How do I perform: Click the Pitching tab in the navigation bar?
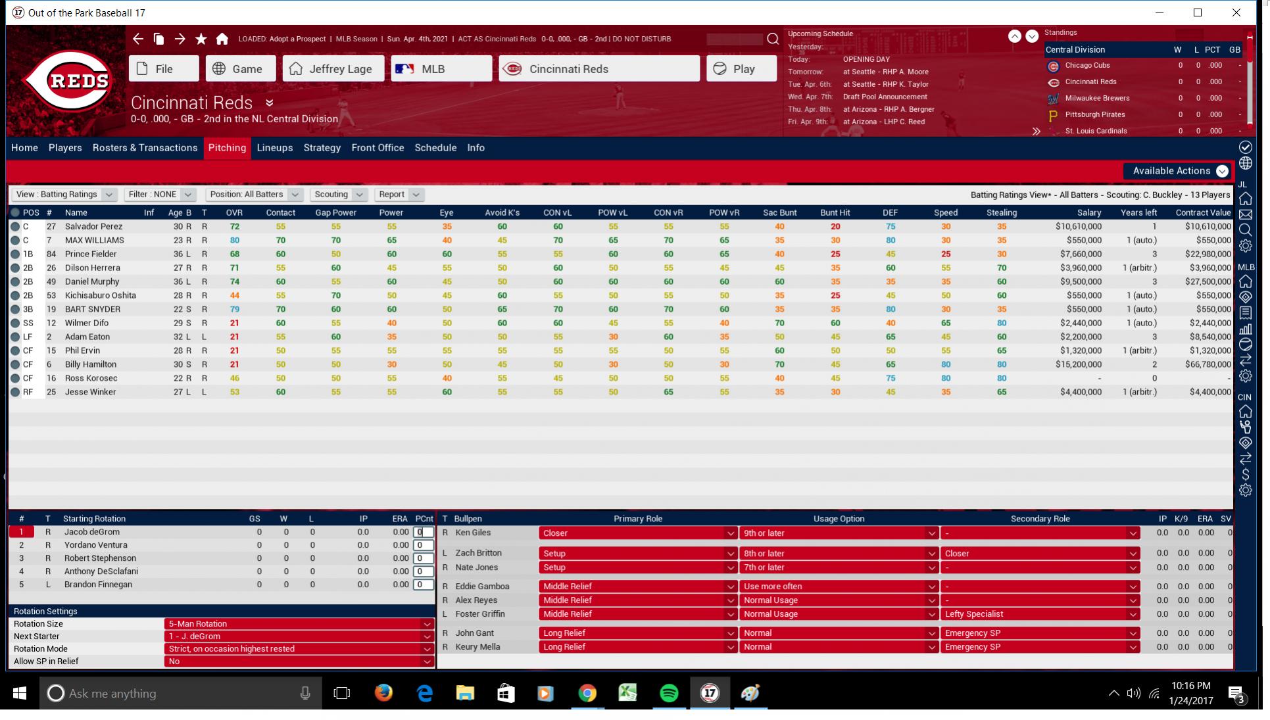click(227, 148)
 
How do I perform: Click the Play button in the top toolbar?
click(741, 69)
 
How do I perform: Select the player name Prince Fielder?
click(91, 254)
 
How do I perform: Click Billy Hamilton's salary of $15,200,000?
click(1078, 364)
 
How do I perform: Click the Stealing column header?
click(1001, 212)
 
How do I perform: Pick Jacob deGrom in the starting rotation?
click(91, 532)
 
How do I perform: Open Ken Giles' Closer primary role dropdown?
click(637, 533)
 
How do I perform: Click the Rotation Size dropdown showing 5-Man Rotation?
click(299, 624)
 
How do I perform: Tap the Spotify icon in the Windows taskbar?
click(668, 693)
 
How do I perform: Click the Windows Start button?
click(20, 693)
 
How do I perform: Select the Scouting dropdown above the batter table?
click(338, 195)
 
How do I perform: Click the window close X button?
click(1236, 12)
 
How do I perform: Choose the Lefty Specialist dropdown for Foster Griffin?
click(1039, 614)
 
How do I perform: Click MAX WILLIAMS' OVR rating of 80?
click(234, 240)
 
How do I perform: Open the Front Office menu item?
click(378, 148)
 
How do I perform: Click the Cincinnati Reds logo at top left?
click(68, 81)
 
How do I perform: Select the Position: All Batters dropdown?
click(254, 195)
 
